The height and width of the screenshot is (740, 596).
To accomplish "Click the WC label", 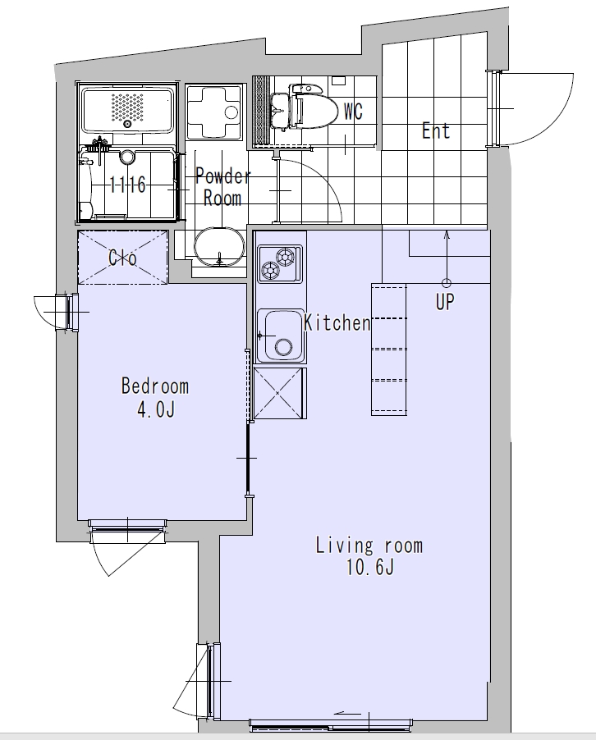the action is [353, 112].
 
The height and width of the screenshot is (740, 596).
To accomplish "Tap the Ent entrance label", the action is [435, 130].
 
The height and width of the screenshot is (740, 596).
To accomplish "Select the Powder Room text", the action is [222, 187].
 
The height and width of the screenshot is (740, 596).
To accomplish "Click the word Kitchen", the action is [337, 322].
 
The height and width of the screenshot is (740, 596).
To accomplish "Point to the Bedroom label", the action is [155, 386].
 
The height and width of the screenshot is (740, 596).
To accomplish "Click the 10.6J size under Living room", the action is [369, 567].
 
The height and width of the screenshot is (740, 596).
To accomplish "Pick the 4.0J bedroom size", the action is [156, 409].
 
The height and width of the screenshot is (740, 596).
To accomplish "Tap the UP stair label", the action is [444, 302].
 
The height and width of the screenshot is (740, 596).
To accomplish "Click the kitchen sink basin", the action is [281, 336].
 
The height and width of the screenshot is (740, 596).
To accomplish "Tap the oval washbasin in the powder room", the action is [220, 247].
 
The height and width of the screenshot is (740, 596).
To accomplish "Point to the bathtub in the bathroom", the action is [127, 110].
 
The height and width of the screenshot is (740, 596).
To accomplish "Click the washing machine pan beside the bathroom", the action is [214, 112].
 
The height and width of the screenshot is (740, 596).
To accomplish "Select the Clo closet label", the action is [122, 258].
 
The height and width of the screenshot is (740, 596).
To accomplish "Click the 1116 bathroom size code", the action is [127, 185].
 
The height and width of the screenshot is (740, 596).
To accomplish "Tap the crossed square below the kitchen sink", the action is [278, 393].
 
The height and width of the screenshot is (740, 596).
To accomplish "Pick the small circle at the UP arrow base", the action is [447, 283].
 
